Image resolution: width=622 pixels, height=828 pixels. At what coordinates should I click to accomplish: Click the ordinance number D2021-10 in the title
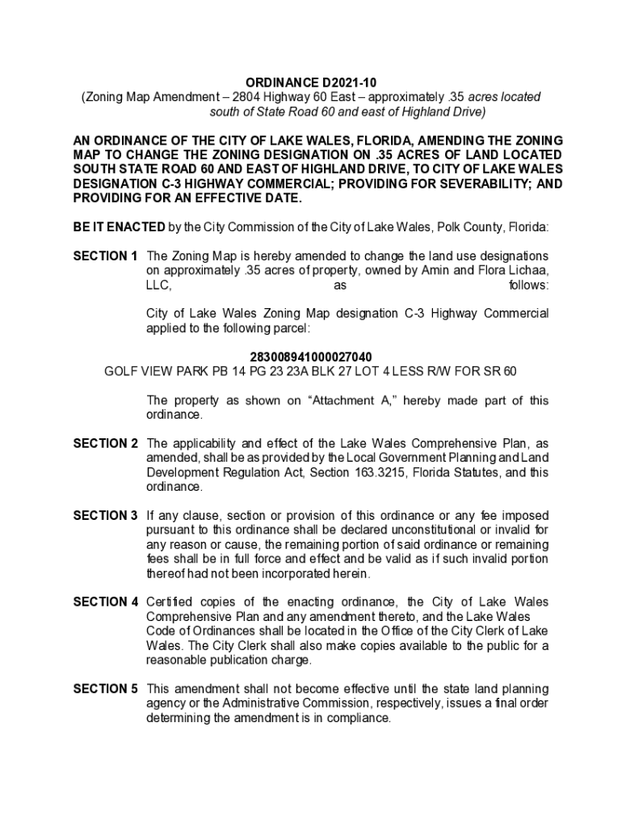(349, 82)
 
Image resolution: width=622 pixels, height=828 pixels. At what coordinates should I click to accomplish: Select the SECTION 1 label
(105, 256)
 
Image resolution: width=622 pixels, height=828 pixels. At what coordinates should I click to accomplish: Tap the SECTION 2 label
(105, 444)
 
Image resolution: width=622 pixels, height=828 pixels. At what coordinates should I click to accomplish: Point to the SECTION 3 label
(105, 516)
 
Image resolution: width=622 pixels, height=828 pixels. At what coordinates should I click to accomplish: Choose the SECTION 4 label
(105, 602)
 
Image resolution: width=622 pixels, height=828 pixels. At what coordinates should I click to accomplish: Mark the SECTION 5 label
(105, 689)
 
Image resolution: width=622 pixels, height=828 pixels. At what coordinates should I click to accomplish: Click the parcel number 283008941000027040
(311, 357)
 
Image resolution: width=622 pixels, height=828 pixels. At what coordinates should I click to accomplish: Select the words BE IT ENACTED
(119, 227)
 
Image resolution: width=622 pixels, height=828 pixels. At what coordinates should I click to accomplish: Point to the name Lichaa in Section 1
(527, 271)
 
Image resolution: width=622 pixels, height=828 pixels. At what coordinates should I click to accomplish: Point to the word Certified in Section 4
(171, 602)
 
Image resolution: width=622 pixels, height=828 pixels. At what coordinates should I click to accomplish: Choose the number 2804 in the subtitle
(246, 96)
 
